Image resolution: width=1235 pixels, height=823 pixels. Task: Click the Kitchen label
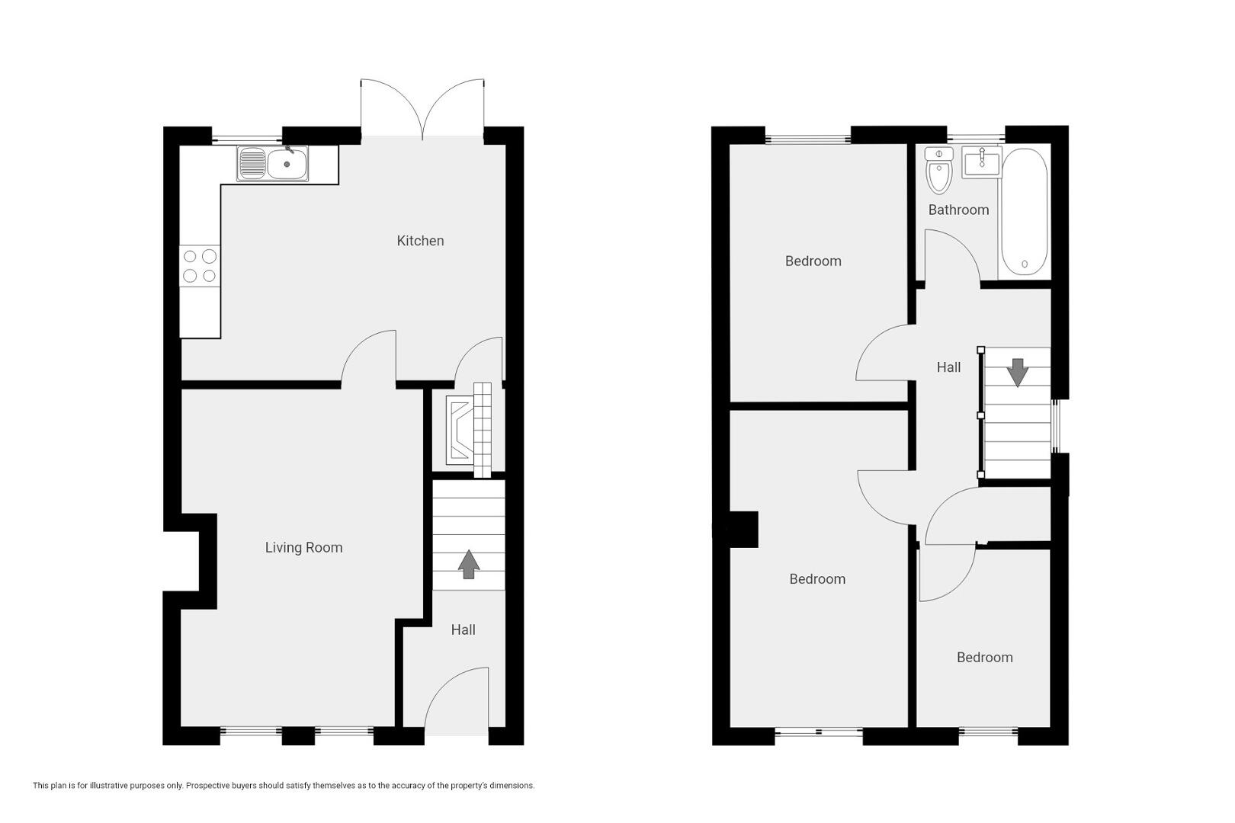pyautogui.click(x=420, y=241)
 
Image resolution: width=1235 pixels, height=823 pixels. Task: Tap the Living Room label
pyautogui.click(x=303, y=547)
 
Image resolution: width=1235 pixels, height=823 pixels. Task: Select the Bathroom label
pyautogui.click(x=958, y=210)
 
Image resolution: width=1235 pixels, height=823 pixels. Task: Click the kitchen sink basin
pyautogui.click(x=287, y=164)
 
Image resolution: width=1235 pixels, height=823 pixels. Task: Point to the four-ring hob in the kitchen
pyautogui.click(x=200, y=266)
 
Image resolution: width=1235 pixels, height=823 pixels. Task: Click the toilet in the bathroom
pyautogui.click(x=939, y=170)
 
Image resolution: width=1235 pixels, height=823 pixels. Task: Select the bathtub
pyautogui.click(x=1024, y=212)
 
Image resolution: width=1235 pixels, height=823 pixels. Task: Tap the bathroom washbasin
pyautogui.click(x=982, y=162)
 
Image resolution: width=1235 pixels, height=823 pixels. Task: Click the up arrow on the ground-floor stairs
pyautogui.click(x=469, y=564)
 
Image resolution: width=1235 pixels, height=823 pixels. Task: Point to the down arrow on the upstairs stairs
pyautogui.click(x=1017, y=373)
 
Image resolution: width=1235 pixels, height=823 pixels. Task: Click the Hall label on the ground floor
pyautogui.click(x=464, y=629)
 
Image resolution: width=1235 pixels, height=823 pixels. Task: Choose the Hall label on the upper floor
pyautogui.click(x=948, y=367)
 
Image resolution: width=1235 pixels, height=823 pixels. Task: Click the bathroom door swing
pyautogui.click(x=953, y=257)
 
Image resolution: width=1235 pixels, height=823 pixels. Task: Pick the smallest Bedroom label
pyautogui.click(x=985, y=658)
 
